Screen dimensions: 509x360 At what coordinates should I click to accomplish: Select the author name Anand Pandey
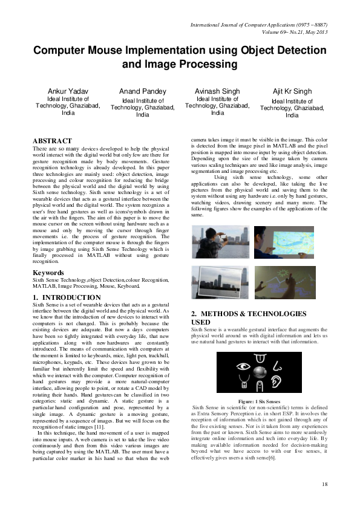click(143, 91)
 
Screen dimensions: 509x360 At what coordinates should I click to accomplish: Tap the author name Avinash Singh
click(217, 91)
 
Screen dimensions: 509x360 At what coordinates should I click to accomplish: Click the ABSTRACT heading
click(52, 141)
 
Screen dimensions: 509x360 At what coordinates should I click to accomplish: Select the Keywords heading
click(48, 273)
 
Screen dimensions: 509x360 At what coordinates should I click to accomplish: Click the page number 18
click(324, 484)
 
